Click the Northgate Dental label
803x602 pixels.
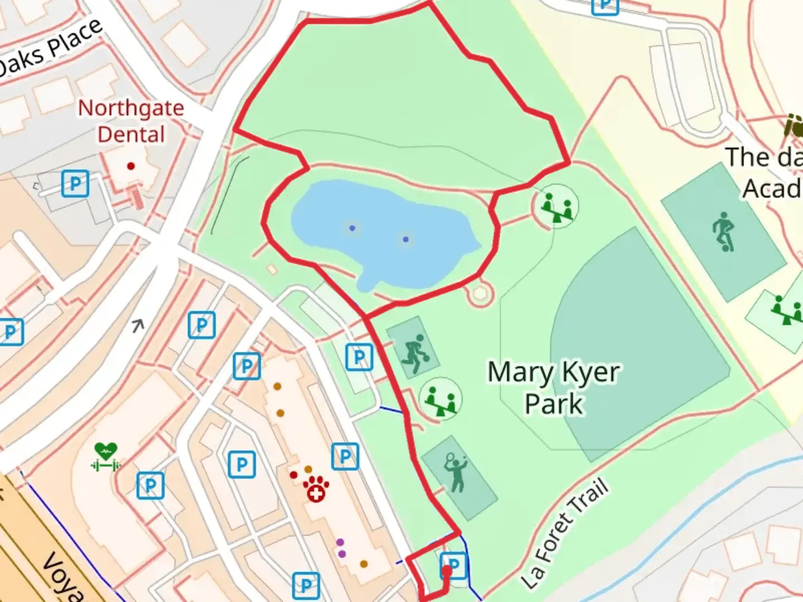(x=131, y=121)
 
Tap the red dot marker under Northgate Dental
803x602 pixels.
(x=131, y=166)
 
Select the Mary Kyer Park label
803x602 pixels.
(x=554, y=388)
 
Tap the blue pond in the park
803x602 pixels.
(x=379, y=229)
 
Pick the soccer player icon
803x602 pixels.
(x=723, y=231)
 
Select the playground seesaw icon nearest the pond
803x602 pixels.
(x=557, y=206)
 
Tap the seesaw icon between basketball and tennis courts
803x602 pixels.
(x=441, y=399)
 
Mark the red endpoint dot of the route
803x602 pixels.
(x=447, y=571)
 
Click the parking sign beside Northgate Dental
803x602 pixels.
(x=75, y=183)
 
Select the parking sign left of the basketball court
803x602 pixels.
(x=359, y=357)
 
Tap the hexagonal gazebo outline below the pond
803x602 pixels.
(x=480, y=294)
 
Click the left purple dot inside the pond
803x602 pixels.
(x=352, y=228)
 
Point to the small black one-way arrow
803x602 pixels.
(x=138, y=325)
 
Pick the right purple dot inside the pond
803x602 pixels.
(x=405, y=240)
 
